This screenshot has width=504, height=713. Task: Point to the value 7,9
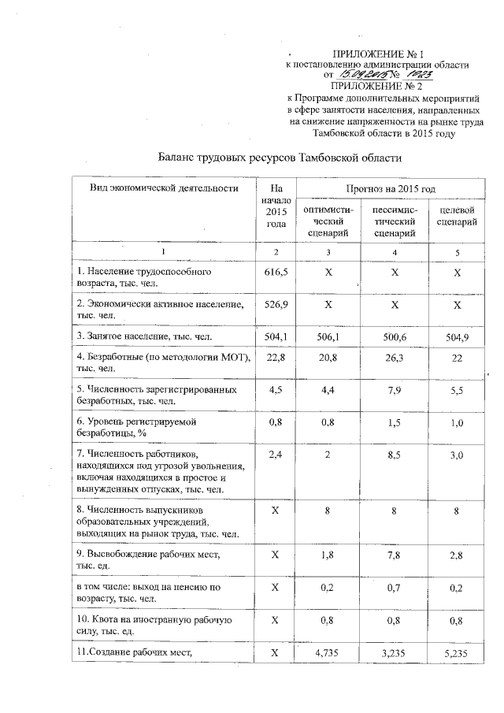[x=395, y=389]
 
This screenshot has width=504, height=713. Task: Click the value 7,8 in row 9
[x=395, y=555]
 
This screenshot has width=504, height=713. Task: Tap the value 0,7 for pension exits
[x=395, y=587]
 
